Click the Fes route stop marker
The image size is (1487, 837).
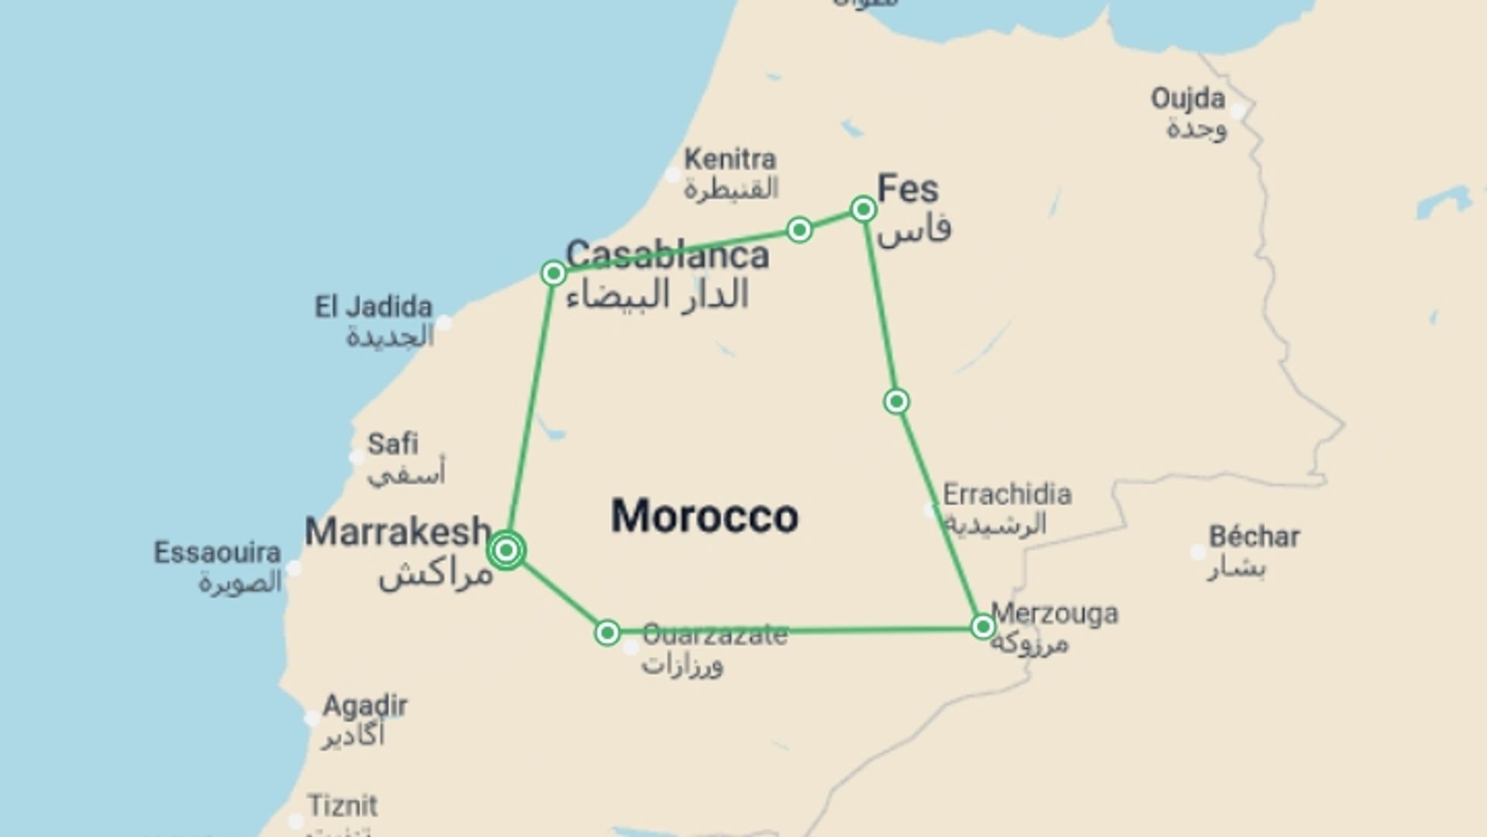pyautogui.click(x=863, y=208)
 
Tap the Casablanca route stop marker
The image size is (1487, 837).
pyautogui.click(x=553, y=273)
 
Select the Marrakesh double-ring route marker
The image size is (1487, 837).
pyautogui.click(x=507, y=550)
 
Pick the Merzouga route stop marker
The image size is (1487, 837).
pyautogui.click(x=983, y=626)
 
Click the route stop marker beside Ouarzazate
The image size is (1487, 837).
pyautogui.click(x=607, y=632)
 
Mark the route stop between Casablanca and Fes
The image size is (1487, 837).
pyautogui.click(x=798, y=229)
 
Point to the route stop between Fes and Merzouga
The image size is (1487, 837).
pyautogui.click(x=896, y=401)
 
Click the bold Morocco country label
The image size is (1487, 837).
pyautogui.click(x=704, y=516)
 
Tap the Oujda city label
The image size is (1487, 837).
pyautogui.click(x=1187, y=99)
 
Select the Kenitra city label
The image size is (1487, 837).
pyautogui.click(x=730, y=160)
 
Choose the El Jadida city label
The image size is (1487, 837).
pyautogui.click(x=373, y=307)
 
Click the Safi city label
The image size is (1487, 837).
pyautogui.click(x=393, y=444)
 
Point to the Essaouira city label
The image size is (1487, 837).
pyautogui.click(x=217, y=553)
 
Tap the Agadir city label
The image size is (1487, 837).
pyautogui.click(x=365, y=706)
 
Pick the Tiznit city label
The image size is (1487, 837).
pyautogui.click(x=342, y=806)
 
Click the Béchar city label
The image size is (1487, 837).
pyautogui.click(x=1254, y=536)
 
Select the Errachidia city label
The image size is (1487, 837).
pyautogui.click(x=1007, y=494)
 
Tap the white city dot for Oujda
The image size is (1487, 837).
pyautogui.click(x=1238, y=111)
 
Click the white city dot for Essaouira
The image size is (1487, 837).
pyautogui.click(x=294, y=568)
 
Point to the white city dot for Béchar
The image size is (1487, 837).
pyautogui.click(x=1197, y=553)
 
